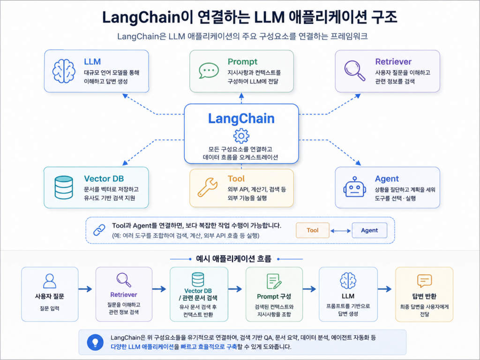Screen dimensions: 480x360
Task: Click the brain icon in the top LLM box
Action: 64,71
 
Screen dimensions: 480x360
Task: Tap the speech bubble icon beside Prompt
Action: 209,71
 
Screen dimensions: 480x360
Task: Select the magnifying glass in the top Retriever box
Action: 355,71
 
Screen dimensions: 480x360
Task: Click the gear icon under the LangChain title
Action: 241,136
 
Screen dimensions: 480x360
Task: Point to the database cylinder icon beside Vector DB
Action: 64,187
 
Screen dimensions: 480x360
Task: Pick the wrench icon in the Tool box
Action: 208,187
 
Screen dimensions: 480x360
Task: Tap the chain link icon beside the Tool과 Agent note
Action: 99,230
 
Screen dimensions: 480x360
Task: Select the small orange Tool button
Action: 313,230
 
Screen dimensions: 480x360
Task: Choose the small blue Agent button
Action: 369,230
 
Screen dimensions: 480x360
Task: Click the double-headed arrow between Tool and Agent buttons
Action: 341,231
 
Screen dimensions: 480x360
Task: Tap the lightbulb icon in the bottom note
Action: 95,342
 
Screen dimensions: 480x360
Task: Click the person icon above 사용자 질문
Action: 50,281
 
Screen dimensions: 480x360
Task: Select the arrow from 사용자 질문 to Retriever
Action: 85,289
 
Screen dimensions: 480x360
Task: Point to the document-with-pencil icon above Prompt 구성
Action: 274,281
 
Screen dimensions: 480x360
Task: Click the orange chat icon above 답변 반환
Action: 424,281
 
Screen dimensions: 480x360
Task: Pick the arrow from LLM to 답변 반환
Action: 385,289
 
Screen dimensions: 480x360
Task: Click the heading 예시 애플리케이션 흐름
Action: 233,259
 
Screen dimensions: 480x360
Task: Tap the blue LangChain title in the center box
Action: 241,119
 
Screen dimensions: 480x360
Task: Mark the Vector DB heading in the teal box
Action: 104,179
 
